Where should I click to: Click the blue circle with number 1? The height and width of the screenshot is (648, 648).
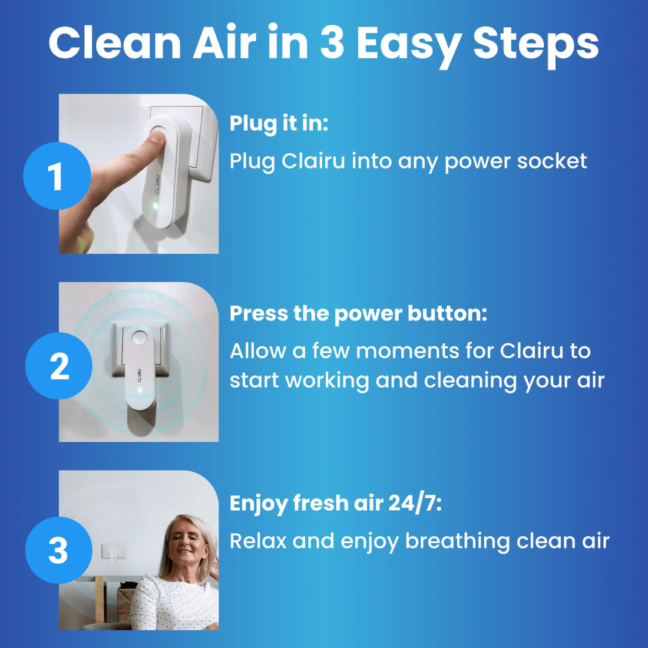(x=57, y=176)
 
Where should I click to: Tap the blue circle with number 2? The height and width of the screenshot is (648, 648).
(x=59, y=366)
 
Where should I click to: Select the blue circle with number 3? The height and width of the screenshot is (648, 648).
(x=58, y=550)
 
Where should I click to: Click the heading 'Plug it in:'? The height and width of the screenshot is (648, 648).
(x=279, y=124)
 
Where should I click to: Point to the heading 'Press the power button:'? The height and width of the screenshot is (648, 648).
(x=358, y=314)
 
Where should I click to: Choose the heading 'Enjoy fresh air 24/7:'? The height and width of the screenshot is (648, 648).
(x=335, y=504)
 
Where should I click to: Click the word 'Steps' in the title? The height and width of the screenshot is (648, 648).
(x=535, y=44)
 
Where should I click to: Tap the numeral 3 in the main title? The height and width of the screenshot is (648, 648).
(x=333, y=44)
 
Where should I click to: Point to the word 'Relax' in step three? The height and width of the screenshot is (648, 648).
(x=257, y=541)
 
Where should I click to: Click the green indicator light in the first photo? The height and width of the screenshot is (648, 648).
(x=155, y=206)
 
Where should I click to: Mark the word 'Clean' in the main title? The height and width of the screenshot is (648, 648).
(x=115, y=44)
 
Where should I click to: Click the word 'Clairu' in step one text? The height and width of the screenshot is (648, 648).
(x=313, y=161)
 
